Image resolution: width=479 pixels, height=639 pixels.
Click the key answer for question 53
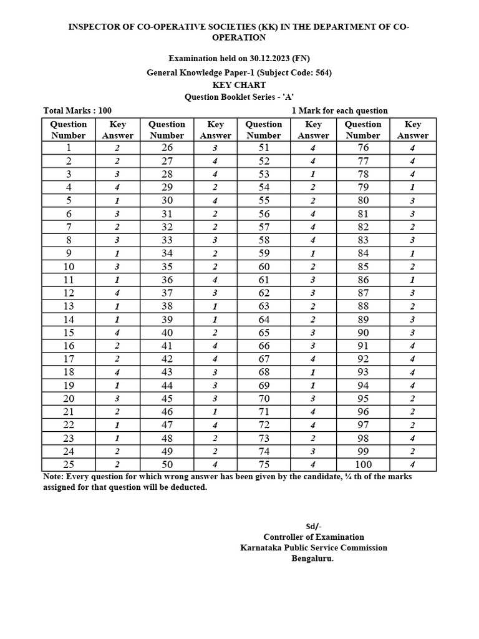[x=312, y=174]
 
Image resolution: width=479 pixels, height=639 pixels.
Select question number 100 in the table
[x=363, y=464]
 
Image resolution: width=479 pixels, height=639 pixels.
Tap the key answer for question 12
[x=117, y=293]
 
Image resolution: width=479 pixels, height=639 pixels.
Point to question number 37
[x=167, y=293]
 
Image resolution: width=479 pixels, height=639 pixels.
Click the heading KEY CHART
[x=239, y=85]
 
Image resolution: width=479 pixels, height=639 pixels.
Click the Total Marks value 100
[x=104, y=110]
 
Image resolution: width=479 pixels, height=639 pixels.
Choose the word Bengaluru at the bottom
[x=312, y=559]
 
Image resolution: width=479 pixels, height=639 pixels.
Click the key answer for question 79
[x=412, y=187]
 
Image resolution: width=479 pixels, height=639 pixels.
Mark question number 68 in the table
[x=263, y=372]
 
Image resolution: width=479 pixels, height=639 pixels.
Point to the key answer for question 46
[x=215, y=412]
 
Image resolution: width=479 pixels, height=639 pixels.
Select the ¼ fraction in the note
[x=340, y=477]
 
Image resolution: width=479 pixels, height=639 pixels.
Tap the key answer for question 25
[x=117, y=465]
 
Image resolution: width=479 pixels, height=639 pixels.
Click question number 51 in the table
[x=263, y=148]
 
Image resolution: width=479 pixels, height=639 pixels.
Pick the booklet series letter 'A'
[x=288, y=97]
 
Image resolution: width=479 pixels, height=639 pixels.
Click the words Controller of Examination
[x=313, y=537]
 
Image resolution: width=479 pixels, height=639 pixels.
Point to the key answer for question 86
[x=412, y=280]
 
